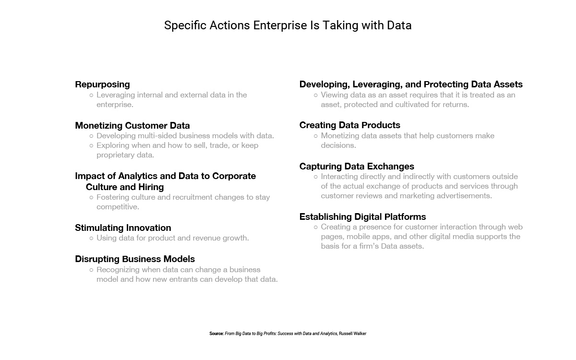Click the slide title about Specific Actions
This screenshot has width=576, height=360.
pos(288,25)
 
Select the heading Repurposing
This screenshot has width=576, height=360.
pos(102,84)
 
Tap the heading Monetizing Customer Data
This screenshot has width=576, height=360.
pos(132,125)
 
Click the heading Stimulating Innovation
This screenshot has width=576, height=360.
pos(123,228)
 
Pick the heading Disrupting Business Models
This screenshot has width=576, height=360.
pos(135,259)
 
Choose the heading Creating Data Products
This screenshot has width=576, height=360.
pos(350,125)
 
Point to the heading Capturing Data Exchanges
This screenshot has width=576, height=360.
pos(357,167)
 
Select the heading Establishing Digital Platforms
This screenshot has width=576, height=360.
pos(362,217)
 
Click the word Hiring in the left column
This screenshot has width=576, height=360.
pos(151,187)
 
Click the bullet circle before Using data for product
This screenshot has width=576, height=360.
pos(91,239)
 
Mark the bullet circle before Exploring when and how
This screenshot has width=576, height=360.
pos(91,146)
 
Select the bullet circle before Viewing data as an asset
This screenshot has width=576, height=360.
pos(316,96)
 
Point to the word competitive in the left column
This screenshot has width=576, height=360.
pos(118,207)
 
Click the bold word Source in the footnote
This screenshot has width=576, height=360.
pos(216,334)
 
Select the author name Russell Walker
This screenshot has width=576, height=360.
pos(352,334)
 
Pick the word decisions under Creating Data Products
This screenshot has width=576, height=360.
pos(338,145)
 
